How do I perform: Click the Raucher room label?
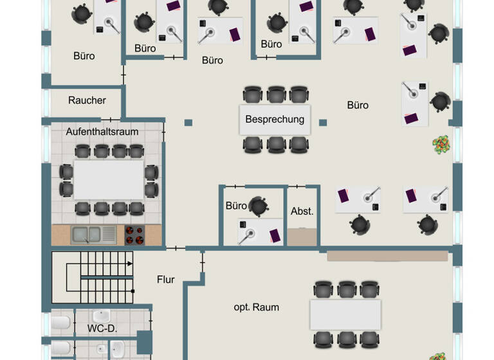[87, 100]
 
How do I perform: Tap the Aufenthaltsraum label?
[102, 131]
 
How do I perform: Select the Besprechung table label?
[275, 119]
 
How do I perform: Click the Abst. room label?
[302, 211]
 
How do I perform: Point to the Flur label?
[166, 280]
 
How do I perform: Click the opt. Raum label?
[256, 307]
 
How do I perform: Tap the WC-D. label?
[101, 328]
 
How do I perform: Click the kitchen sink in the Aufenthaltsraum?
[94, 235]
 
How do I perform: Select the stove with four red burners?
[134, 235]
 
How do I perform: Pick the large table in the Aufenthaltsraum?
[109, 180]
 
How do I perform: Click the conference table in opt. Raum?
[345, 314]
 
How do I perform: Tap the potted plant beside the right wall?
[441, 145]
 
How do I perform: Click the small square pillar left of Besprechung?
[188, 123]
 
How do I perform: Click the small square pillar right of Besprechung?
[323, 123]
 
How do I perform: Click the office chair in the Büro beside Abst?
[259, 206]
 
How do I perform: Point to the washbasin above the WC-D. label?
[101, 316]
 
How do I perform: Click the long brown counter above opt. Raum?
[387, 256]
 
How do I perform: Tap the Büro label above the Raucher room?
[84, 56]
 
